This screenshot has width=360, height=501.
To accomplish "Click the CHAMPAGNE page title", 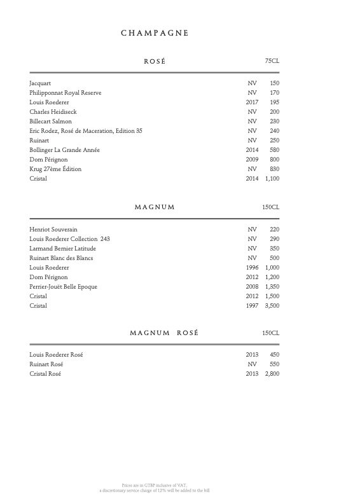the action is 155,34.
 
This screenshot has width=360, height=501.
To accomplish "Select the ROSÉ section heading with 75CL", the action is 155,61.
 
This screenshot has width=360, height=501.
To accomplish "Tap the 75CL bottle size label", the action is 272,61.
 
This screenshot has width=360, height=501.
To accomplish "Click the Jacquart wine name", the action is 40,83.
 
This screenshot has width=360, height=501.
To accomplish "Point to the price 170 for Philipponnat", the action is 274,93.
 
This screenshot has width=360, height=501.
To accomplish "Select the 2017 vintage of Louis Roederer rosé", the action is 251,102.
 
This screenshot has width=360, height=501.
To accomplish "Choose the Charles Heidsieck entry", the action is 53,112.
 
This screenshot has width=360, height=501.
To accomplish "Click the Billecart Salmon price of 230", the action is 274,121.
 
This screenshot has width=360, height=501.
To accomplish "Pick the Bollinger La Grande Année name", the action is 64,150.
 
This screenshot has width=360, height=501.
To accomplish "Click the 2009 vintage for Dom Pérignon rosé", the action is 251,160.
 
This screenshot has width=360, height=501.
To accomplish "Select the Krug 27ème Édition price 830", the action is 274,169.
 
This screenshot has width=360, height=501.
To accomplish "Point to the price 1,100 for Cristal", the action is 272,179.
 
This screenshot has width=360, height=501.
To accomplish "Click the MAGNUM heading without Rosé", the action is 155,207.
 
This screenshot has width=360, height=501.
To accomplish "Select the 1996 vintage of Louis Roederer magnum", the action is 251,268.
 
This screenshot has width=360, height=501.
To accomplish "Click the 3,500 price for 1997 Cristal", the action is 272,306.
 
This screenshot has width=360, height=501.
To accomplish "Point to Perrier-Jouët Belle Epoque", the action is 63,287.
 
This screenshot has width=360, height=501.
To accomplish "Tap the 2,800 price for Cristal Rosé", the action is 272,374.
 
